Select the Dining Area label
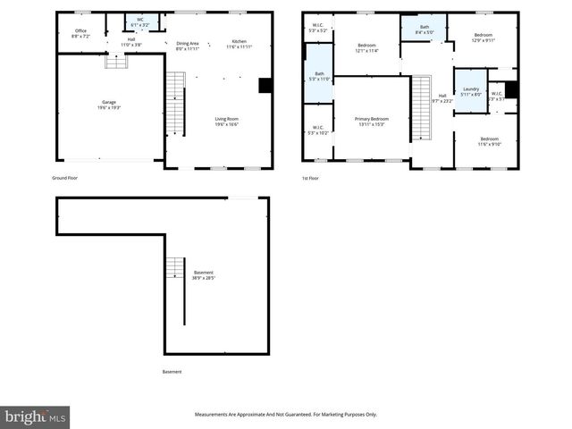click(188, 45)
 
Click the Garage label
click(108, 105)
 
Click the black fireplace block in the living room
click(265, 86)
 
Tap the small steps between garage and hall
click(114, 61)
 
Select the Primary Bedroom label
click(372, 121)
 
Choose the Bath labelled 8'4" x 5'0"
click(425, 29)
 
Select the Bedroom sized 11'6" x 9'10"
click(489, 141)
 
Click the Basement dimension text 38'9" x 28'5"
click(203, 278)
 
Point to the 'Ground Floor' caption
click(66, 178)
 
